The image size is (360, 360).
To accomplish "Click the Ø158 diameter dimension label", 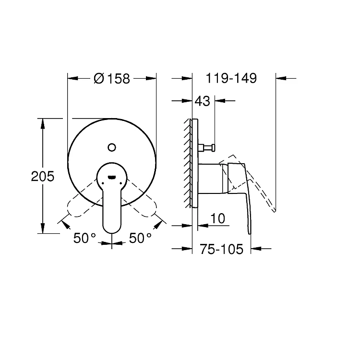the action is tap(112, 79).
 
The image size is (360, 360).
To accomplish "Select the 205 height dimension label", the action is tap(43, 176).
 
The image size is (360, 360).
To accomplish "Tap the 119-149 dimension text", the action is tap(231, 78).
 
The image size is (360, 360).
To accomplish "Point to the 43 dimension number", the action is tap(202, 101).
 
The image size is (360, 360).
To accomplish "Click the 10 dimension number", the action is tap(217, 218).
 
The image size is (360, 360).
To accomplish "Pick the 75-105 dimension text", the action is tap(222, 249).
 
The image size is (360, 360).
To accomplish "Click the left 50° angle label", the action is tap(84, 238).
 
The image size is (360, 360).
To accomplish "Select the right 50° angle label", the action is tap(140, 238).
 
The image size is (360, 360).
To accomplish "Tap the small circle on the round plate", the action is tap(112, 147).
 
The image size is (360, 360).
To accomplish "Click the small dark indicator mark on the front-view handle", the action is tap(112, 177).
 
